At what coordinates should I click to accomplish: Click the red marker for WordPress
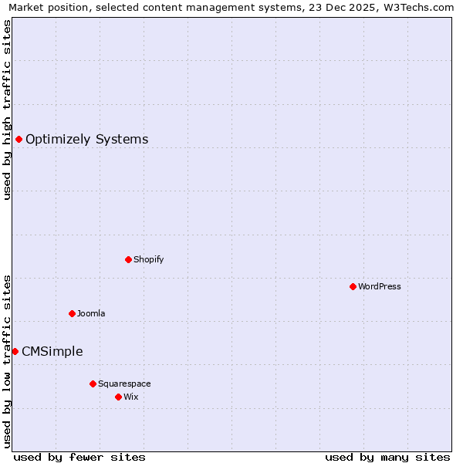[x=353, y=286]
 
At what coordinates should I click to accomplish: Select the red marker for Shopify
[x=128, y=259]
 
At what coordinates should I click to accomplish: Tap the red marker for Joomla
[x=72, y=313]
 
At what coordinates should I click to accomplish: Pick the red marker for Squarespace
[x=93, y=384]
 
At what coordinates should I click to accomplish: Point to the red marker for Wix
[x=118, y=397]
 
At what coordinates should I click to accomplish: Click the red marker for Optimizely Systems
[x=19, y=139]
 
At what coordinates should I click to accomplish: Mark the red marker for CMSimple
[x=15, y=351]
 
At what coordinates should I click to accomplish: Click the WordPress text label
[x=380, y=286]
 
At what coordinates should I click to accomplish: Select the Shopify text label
[x=149, y=259]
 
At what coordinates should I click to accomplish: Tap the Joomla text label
[x=91, y=313]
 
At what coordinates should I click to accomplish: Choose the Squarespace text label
[x=124, y=384]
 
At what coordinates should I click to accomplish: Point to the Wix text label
[x=131, y=397]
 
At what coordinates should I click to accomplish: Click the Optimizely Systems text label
[x=87, y=139]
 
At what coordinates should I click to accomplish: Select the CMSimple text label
[x=52, y=351]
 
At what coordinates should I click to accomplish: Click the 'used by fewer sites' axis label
[x=79, y=457]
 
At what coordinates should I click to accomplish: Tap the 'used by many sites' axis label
[x=387, y=457]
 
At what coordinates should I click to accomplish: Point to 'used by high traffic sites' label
[x=7, y=110]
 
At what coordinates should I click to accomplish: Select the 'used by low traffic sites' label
[x=7, y=360]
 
